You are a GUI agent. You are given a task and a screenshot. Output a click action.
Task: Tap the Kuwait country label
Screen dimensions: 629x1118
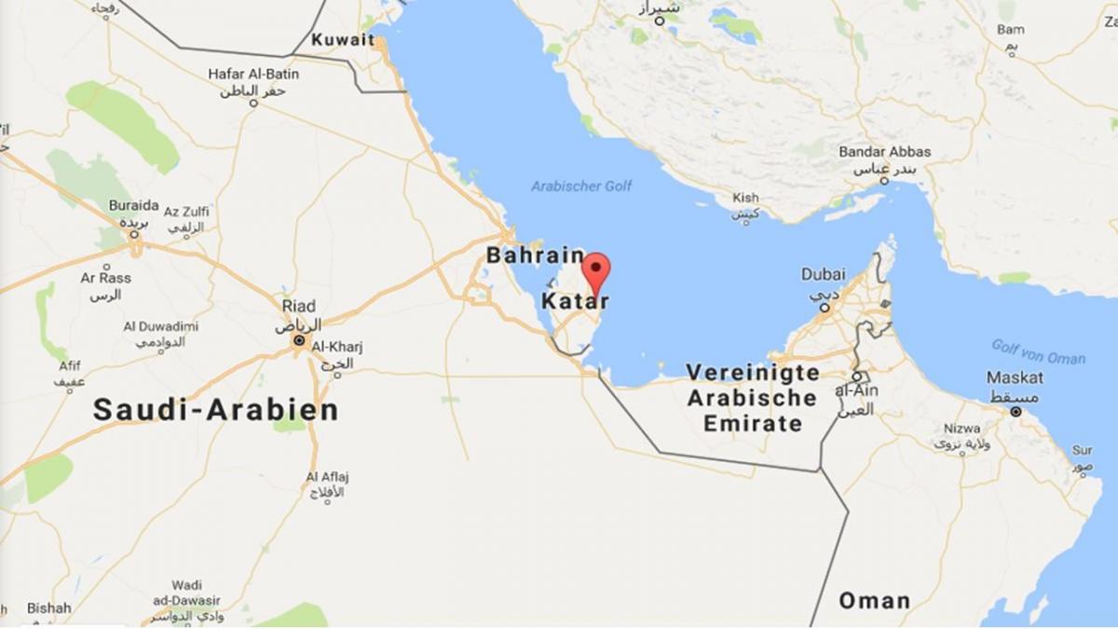coord(343,40)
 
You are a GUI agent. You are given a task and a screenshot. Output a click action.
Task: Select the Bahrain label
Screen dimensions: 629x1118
coord(535,255)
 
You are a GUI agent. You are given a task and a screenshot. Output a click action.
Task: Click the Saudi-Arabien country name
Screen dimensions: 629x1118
coord(215,409)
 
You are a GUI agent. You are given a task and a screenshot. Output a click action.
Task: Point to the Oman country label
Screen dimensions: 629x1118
coord(874,600)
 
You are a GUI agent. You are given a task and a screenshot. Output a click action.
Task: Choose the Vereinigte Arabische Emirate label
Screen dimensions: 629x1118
coord(753,398)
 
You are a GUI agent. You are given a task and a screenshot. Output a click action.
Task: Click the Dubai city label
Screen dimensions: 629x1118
coord(824,275)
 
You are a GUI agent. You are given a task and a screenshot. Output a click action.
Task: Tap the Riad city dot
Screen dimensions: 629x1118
coord(299,342)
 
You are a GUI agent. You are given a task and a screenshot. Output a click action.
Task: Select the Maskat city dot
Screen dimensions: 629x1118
coord(1016,411)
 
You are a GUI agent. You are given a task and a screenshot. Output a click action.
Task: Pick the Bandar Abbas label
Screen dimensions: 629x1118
coord(884,152)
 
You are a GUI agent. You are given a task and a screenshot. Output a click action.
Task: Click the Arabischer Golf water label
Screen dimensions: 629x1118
coord(581,186)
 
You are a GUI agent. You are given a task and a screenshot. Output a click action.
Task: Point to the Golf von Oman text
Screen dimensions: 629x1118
coord(1038,351)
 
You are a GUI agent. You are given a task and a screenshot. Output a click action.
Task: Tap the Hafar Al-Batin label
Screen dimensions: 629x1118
coord(253,75)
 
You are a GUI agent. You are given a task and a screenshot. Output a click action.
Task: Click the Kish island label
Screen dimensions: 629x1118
coord(745,198)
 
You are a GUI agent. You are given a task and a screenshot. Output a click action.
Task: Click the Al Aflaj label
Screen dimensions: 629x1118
coord(327,477)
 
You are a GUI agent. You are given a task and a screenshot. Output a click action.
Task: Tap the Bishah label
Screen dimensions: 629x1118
coord(48,608)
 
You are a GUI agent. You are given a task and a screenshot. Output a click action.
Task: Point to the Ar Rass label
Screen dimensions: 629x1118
coord(105,278)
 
